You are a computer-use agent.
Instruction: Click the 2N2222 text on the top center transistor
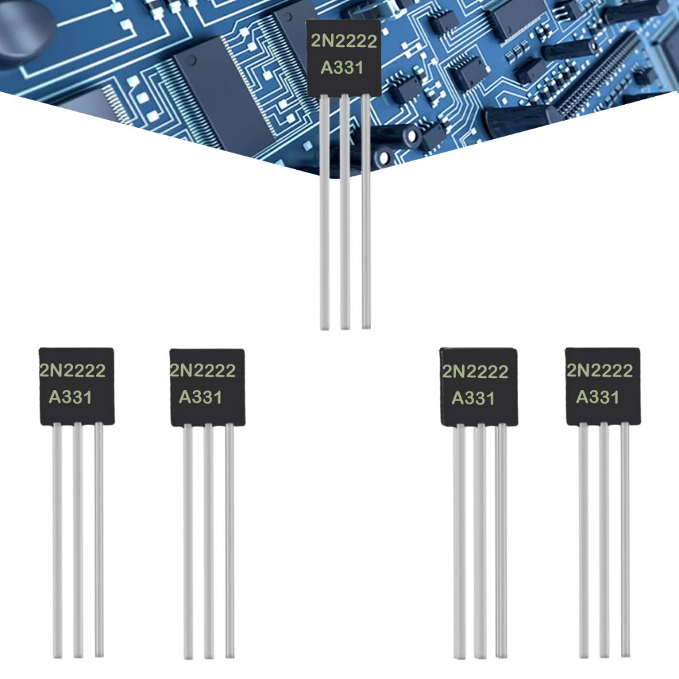click(x=344, y=42)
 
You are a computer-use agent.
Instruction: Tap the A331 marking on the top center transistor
click(x=342, y=68)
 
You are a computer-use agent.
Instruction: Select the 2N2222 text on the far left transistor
click(x=73, y=370)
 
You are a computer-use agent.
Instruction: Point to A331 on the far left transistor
click(x=70, y=397)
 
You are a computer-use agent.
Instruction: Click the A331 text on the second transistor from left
click(x=200, y=397)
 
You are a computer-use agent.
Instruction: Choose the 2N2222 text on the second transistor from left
click(x=203, y=370)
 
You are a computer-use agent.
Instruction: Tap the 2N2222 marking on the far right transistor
click(x=599, y=370)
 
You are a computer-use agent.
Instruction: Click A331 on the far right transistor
click(x=597, y=397)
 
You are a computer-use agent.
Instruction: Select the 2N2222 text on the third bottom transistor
click(x=475, y=371)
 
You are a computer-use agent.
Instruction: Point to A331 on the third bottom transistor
click(x=473, y=398)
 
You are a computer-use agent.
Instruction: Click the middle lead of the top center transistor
click(x=345, y=212)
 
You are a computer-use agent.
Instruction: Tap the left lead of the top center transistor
click(x=324, y=212)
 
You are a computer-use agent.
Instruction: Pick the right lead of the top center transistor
click(x=366, y=212)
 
